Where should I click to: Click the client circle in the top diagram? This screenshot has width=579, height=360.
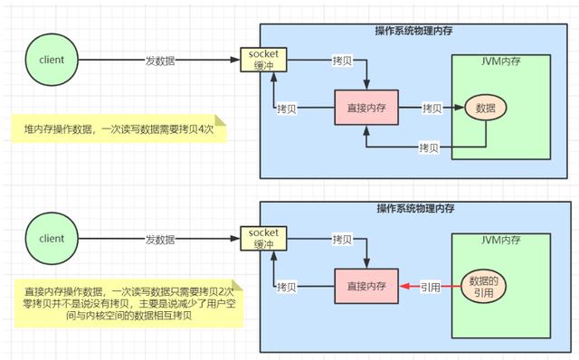(52, 60)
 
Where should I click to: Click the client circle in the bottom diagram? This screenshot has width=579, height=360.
(52, 239)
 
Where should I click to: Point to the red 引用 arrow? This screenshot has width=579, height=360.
(430, 287)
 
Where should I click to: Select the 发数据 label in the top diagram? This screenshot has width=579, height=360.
(159, 61)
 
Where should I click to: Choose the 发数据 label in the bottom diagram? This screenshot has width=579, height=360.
(159, 239)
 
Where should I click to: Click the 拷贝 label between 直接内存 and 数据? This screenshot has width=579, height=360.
(433, 108)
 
